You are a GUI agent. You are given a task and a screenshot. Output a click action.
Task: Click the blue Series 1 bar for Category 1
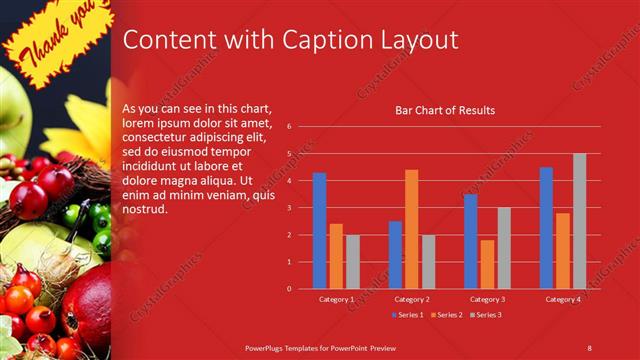pyautogui.click(x=319, y=231)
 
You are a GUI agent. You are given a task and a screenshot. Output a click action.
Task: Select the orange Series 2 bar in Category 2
pyautogui.click(x=411, y=229)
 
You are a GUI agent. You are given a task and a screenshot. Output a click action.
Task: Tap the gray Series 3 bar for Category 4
pyautogui.click(x=579, y=221)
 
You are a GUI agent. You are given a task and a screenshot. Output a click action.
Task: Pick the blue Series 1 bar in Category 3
pyautogui.click(x=470, y=241)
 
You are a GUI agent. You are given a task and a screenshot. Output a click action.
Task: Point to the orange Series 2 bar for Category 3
pyautogui.click(x=487, y=264)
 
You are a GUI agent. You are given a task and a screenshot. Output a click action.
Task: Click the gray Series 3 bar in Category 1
pyautogui.click(x=353, y=261)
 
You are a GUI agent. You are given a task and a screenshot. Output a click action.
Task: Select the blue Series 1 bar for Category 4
pyautogui.click(x=546, y=228)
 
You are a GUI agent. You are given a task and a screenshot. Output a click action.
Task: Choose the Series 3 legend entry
pyautogui.click(x=487, y=316)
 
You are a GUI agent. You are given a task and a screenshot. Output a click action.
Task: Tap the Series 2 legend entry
pyautogui.click(x=445, y=316)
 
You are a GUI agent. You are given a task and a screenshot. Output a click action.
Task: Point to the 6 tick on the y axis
pyautogui.click(x=288, y=127)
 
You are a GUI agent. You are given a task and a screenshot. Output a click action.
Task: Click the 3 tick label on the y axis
pyautogui.click(x=288, y=208)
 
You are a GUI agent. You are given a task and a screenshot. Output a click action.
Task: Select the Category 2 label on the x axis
pyautogui.click(x=412, y=299)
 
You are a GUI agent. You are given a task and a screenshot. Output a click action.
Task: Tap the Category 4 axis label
pyautogui.click(x=562, y=299)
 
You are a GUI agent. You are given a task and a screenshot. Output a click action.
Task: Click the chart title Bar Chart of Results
pyautogui.click(x=445, y=110)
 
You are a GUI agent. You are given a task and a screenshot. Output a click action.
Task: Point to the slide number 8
pyautogui.click(x=590, y=347)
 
